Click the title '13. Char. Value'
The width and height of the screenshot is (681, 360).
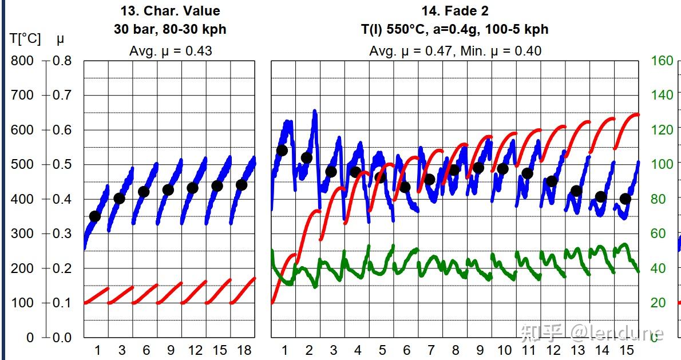coord(170,11)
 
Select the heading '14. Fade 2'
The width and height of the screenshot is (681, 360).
coord(455,11)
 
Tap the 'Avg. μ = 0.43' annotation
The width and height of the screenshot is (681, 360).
coord(170,51)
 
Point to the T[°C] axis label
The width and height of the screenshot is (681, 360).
coord(25,39)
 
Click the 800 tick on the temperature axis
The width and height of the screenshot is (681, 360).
coord(22,61)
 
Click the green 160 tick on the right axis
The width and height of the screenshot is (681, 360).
coord(662,61)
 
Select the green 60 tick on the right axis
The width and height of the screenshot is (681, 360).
coord(662,234)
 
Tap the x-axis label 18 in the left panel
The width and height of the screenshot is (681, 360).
coord(244,350)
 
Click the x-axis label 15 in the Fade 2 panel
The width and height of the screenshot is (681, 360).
coord(627,350)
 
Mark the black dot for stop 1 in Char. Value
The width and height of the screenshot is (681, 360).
coord(95,216)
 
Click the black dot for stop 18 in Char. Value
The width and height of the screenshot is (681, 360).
coord(241,185)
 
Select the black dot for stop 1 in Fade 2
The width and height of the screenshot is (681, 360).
coord(282,151)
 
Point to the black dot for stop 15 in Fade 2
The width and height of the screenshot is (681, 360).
coord(625,199)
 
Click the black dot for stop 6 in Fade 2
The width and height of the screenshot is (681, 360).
coord(405,187)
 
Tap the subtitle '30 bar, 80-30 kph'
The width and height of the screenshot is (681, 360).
coord(170,29)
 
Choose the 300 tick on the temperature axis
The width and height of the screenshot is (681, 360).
coord(22,234)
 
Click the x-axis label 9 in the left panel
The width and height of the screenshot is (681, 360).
coord(171,350)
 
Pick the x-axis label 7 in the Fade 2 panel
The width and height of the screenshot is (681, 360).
coord(431,350)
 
